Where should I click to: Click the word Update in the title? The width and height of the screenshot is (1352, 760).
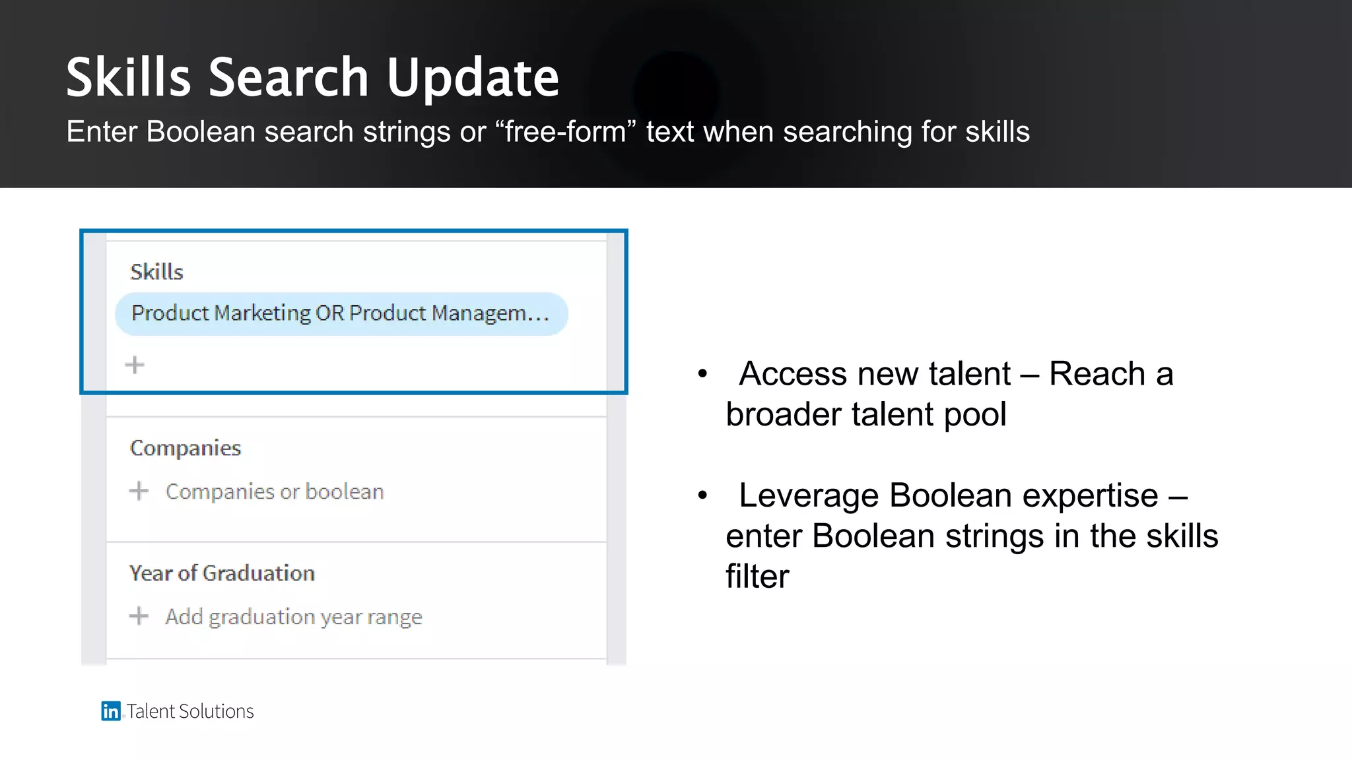(x=473, y=78)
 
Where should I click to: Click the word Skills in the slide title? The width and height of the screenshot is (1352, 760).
(x=129, y=78)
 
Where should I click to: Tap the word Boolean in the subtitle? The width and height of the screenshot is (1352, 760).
(x=201, y=132)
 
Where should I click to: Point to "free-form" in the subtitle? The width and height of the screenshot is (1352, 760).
(x=565, y=132)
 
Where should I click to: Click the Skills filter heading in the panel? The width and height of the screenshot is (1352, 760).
(x=156, y=272)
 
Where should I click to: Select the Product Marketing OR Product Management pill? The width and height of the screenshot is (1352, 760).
(x=341, y=313)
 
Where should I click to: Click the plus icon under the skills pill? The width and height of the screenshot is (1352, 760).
(x=135, y=365)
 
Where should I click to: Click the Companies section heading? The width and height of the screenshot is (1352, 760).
(x=186, y=448)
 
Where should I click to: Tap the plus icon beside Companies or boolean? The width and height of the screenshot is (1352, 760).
(x=139, y=491)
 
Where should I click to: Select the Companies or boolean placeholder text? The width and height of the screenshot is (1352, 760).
(x=275, y=491)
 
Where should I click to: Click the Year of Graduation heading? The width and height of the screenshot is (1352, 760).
(x=222, y=573)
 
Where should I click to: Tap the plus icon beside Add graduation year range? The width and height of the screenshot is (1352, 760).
(x=139, y=616)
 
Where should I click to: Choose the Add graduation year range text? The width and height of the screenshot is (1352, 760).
(x=294, y=617)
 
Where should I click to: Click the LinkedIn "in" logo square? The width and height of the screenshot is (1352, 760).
(x=110, y=711)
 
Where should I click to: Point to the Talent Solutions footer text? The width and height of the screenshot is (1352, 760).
(x=190, y=711)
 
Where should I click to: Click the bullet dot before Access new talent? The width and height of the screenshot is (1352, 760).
(x=702, y=374)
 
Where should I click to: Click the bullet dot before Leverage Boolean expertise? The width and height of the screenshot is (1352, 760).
(x=702, y=495)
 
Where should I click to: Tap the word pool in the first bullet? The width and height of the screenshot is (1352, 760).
(x=975, y=415)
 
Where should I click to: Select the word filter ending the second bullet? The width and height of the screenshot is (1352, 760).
(x=757, y=576)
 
